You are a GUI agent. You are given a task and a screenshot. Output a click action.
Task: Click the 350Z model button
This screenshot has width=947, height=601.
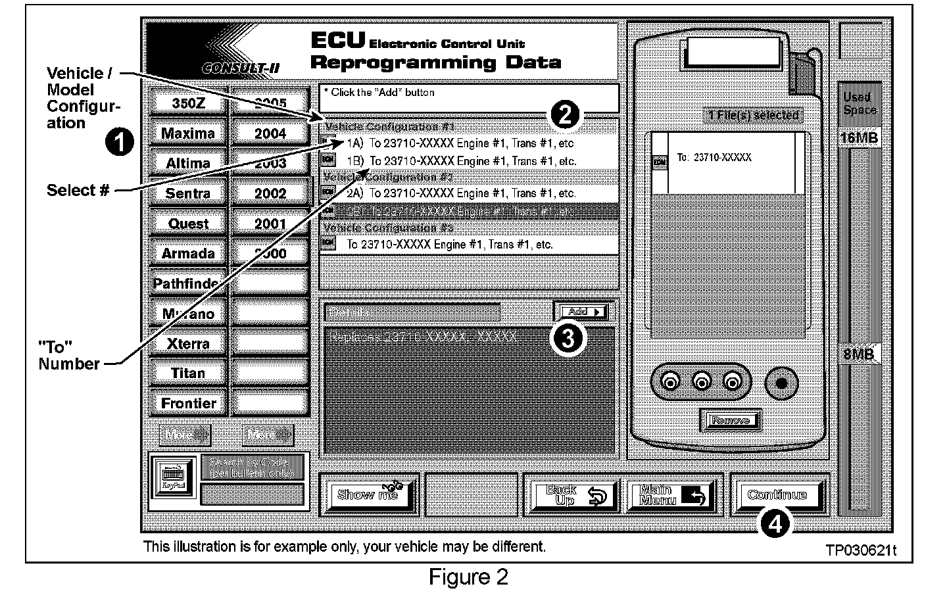[x=188, y=103]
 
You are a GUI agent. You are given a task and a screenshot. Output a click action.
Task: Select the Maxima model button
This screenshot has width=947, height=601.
[x=188, y=133]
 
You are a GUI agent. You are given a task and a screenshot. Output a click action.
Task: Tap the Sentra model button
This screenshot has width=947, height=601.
[x=188, y=193]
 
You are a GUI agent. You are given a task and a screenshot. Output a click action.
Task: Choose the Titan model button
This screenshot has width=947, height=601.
[x=188, y=373]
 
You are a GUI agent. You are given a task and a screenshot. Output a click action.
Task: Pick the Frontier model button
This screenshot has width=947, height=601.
[x=188, y=403]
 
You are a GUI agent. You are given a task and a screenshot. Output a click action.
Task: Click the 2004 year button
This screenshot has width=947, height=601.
[x=270, y=133]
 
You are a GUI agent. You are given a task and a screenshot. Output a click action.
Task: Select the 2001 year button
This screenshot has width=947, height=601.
[x=270, y=224]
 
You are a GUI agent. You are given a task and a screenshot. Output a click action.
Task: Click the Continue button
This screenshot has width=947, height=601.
[x=777, y=495]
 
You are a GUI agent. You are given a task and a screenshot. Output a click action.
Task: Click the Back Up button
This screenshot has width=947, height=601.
[x=575, y=495]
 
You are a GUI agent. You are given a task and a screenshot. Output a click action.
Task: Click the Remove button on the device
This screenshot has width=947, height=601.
[x=730, y=420]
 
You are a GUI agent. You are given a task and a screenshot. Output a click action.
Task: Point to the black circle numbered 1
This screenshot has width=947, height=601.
[x=120, y=142]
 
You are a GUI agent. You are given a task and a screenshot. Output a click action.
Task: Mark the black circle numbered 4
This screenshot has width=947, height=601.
[x=774, y=524]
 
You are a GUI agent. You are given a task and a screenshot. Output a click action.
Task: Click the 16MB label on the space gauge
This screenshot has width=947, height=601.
[x=859, y=138]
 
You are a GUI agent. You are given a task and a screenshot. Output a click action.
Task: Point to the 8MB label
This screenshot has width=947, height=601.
[x=859, y=354]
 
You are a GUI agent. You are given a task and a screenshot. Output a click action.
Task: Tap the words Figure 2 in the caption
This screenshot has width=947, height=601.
[x=468, y=577]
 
